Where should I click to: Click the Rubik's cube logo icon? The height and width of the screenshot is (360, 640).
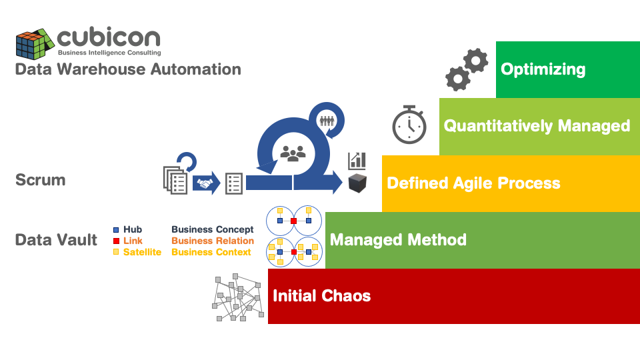click(x=34, y=44)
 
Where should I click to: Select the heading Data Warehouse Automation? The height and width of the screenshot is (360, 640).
click(x=128, y=69)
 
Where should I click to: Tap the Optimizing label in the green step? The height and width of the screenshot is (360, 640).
click(x=543, y=69)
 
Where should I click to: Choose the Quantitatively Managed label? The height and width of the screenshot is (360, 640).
click(x=537, y=126)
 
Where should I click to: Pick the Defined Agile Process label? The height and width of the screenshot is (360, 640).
click(x=473, y=183)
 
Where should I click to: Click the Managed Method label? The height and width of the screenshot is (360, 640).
click(x=398, y=240)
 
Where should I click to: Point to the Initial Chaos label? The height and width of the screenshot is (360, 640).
click(x=321, y=296)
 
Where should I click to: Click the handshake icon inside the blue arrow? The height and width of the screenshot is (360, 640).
click(x=205, y=183)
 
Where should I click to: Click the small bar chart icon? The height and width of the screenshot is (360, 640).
click(x=357, y=160)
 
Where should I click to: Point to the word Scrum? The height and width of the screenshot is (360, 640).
click(x=41, y=180)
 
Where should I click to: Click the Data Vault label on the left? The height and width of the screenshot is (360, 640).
click(x=56, y=240)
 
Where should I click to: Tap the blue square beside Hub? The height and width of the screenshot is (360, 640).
click(x=116, y=230)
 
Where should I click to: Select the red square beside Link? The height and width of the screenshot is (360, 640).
click(x=116, y=241)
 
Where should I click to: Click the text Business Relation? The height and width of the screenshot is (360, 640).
click(x=213, y=241)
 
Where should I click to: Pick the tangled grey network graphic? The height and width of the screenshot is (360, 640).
click(x=237, y=299)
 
